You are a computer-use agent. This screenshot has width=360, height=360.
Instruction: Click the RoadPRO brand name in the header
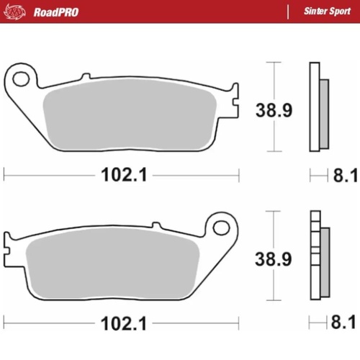point(54,12)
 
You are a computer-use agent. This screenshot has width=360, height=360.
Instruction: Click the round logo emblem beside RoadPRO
point(16,12)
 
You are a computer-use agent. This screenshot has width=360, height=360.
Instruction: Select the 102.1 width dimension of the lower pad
point(120,322)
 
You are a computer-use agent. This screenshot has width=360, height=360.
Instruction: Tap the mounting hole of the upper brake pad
point(22,76)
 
